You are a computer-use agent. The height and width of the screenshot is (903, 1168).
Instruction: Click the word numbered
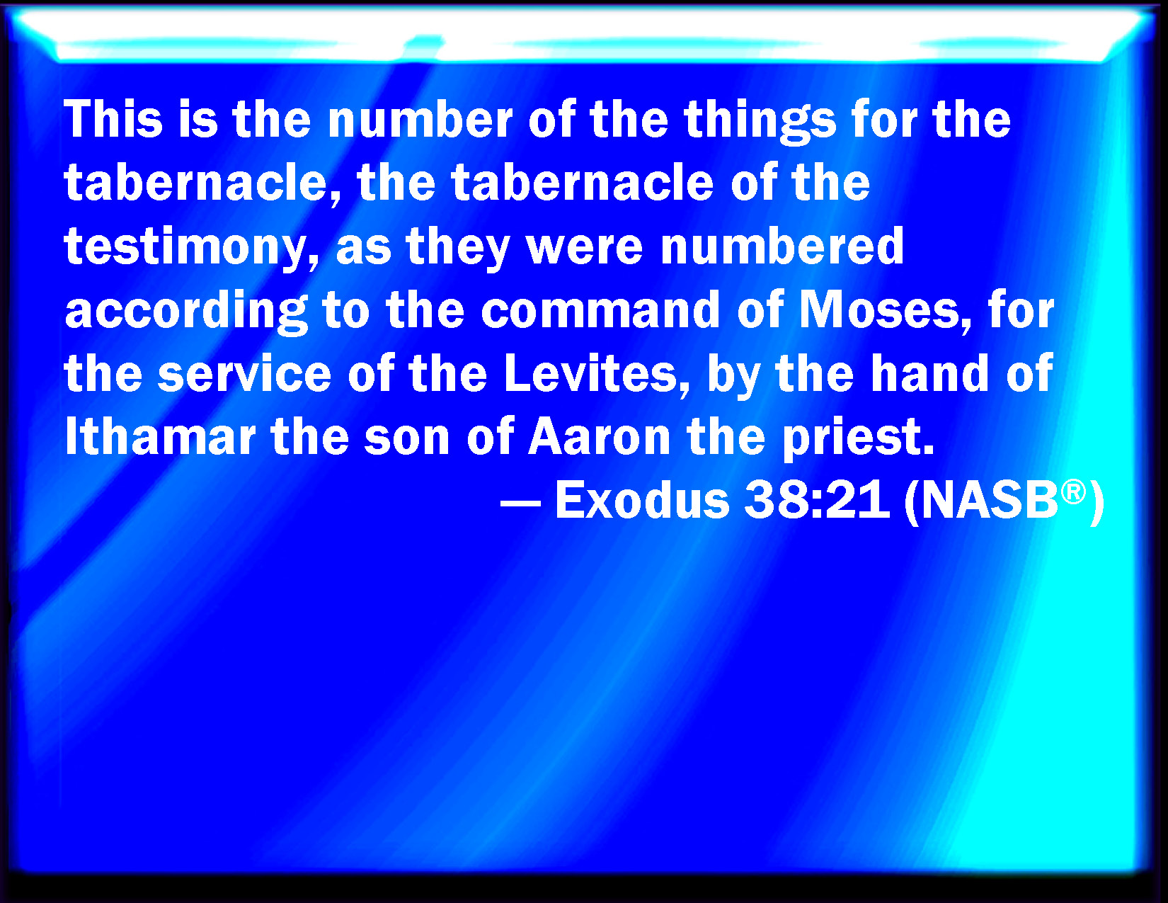pos(782,245)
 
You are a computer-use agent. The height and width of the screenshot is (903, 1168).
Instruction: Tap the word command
pos(600,309)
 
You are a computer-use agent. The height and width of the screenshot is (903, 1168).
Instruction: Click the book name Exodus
pos(642,500)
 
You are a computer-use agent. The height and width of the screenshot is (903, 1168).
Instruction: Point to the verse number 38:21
pos(817,500)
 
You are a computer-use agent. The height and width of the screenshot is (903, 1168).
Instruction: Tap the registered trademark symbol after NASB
pos(1073,492)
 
